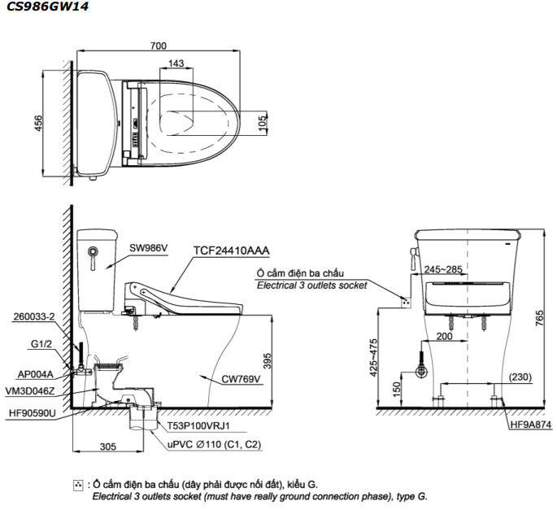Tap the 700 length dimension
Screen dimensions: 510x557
point(160,46)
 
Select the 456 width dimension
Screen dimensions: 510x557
point(38,122)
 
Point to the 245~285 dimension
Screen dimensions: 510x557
point(442,268)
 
